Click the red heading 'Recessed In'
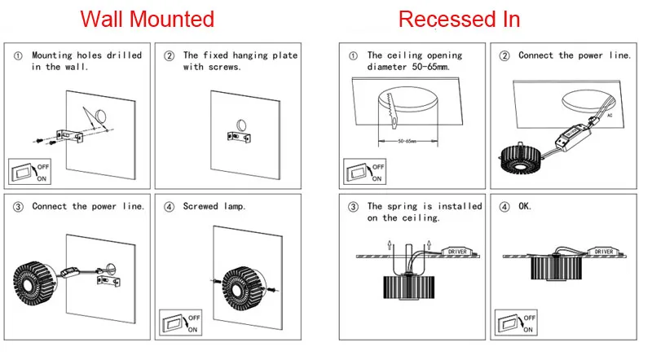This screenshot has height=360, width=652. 459,19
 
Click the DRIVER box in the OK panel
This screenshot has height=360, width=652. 603,252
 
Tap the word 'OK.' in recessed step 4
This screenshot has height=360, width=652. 525,207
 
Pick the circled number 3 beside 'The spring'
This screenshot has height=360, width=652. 353,207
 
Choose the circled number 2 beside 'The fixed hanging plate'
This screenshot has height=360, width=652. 170,56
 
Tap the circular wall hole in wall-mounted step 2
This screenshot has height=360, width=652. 242,124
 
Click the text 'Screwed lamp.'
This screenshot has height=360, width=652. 214,207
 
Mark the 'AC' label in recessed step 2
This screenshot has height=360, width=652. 610,116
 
